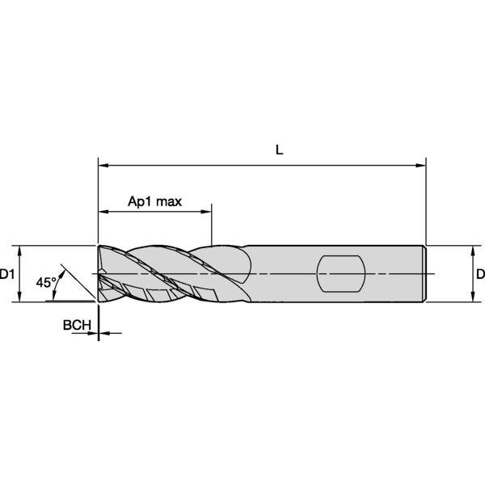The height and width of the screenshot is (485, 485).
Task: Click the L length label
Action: [279, 150]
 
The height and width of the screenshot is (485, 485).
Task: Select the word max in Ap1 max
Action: [169, 200]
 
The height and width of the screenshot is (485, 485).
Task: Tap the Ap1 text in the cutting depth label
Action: [140, 200]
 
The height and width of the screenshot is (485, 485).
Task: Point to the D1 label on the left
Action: [8, 275]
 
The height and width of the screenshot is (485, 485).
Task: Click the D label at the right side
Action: [479, 275]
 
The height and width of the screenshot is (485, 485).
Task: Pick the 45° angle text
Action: [46, 283]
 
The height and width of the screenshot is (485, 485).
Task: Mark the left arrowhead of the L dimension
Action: [103, 165]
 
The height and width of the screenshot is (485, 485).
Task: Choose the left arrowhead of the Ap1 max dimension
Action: [103, 213]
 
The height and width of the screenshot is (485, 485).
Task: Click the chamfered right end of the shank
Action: [424, 274]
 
